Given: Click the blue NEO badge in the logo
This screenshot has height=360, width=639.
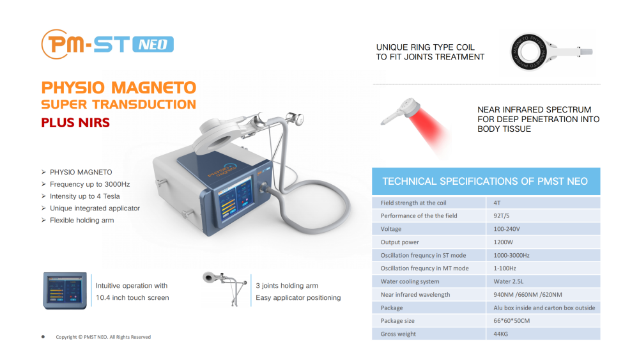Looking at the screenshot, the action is pos(153,44).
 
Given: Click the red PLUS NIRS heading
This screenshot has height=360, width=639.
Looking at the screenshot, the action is pos(75,123).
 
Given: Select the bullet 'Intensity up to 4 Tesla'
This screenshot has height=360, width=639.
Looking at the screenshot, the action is pos(85,196).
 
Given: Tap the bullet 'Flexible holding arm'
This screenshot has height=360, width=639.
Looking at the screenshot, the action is pos(82,220).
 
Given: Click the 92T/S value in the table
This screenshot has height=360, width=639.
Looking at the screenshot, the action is pos(501,215).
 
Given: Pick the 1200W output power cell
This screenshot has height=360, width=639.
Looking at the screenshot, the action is pos(504,242).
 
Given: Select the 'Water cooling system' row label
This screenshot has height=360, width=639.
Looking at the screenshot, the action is pos(410,281).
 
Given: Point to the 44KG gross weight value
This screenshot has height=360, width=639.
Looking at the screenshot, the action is pos(501,334).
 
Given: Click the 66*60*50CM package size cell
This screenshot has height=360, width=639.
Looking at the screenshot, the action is pos(512,321).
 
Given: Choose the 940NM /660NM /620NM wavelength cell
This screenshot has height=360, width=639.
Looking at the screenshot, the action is pos(528,295).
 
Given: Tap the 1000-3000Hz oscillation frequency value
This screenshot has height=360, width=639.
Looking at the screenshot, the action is pos(511,255).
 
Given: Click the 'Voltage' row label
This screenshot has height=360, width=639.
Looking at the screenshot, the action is pos(391,229).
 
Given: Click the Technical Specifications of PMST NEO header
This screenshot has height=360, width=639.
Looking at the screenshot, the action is pos(485,182).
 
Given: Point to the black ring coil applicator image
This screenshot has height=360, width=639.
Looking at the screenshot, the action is pos(529,52).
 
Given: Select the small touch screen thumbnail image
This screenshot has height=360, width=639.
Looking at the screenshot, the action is pos(65,291).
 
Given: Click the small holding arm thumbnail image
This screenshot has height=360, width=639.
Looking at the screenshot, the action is pos(225,288).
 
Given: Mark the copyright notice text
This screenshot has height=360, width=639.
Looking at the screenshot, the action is pos(103,337).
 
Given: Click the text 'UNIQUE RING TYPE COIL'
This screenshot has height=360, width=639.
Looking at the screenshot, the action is pos(426,47).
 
